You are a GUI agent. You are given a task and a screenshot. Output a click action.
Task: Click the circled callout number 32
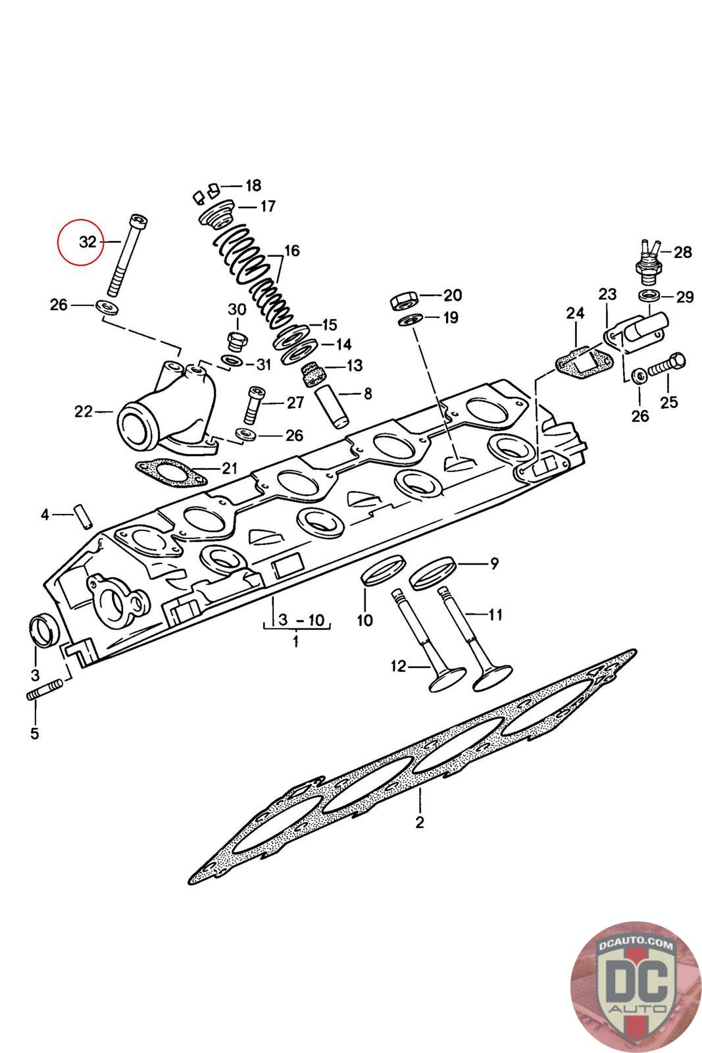tap(88, 242)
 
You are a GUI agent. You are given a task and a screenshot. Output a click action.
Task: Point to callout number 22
tap(83, 413)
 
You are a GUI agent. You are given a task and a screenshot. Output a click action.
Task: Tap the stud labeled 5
tap(45, 692)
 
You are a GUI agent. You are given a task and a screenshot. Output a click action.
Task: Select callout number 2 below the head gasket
tap(420, 821)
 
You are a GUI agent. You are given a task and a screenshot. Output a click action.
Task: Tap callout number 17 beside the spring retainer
tap(267, 207)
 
